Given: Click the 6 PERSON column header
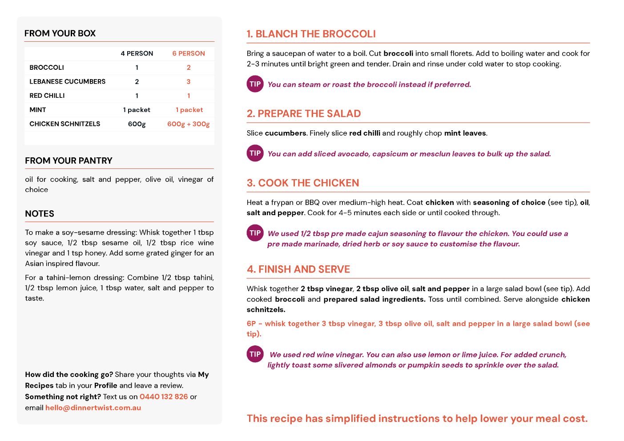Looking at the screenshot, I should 189,53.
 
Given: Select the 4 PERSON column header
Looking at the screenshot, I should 137,53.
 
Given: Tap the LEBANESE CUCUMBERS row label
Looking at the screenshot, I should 68,81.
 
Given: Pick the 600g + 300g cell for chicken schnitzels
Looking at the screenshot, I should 189,124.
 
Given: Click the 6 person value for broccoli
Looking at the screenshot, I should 189,68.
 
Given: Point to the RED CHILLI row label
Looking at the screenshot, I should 47,96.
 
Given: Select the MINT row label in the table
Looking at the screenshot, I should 38,110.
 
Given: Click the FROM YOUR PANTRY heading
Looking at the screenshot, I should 68,160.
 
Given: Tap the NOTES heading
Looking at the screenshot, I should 40,214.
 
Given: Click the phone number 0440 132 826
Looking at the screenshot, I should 164,397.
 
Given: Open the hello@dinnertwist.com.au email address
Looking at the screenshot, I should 93,408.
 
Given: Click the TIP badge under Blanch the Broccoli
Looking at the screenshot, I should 255,84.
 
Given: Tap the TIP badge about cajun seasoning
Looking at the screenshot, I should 255,233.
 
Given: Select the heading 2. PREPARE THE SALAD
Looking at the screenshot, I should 304,114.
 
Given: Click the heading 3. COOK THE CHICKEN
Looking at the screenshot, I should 303,183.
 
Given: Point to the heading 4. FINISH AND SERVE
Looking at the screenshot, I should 298,269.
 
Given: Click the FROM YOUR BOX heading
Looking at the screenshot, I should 60,33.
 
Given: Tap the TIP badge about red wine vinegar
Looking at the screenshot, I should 255,354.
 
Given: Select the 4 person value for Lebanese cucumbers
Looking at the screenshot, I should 137,82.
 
